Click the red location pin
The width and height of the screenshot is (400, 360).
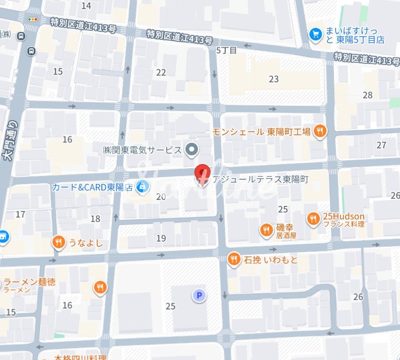coord(202,174)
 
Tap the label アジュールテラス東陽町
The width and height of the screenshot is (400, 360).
coord(260,179)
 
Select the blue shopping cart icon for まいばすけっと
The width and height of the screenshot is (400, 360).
coord(316,34)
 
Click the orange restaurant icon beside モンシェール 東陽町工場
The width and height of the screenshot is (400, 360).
coord(319,132)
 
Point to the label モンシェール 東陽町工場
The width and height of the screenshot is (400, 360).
coord(261,132)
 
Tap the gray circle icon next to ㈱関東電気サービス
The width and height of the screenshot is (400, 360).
coord(191,149)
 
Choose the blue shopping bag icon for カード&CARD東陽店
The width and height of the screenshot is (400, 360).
coord(143,187)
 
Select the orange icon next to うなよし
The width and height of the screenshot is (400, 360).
coord(59,243)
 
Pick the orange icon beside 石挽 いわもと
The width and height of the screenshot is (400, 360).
coord(233,259)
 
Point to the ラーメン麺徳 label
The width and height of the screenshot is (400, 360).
coord(29,282)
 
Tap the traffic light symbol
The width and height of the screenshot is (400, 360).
coord(33,19)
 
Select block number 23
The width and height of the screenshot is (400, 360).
coord(274,79)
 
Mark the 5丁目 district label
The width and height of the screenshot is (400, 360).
coord(226,50)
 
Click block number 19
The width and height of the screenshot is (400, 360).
coord(161,238)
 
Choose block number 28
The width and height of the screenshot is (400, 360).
coord(367,95)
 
